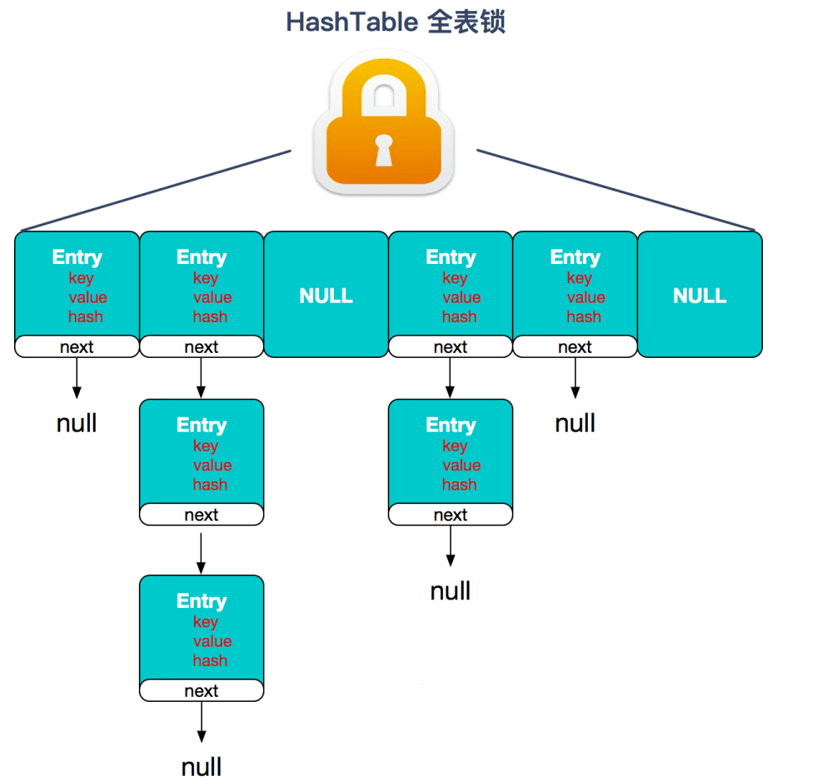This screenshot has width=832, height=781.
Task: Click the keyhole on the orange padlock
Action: pyautogui.click(x=383, y=150)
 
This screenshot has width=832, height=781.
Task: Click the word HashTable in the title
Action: pyautogui.click(x=351, y=22)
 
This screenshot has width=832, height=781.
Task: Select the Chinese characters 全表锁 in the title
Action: pyautogui.click(x=466, y=22)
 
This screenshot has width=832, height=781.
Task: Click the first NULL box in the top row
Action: pyautogui.click(x=326, y=296)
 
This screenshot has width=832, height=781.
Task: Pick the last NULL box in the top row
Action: pyautogui.click(x=700, y=296)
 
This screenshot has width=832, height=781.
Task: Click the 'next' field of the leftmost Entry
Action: pyautogui.click(x=77, y=347)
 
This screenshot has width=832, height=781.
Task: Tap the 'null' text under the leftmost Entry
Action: pyautogui.click(x=77, y=423)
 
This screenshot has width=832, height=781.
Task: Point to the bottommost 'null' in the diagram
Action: pyautogui.click(x=202, y=766)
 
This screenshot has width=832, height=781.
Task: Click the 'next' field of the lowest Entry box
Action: pyautogui.click(x=202, y=691)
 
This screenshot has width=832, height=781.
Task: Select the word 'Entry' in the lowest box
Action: pyautogui.click(x=202, y=601)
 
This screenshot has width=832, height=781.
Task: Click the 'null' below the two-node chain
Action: pyautogui.click(x=451, y=591)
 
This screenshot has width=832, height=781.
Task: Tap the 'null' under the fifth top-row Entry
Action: pyautogui.click(x=575, y=423)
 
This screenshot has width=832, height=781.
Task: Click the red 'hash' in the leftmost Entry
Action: pyautogui.click(x=86, y=316)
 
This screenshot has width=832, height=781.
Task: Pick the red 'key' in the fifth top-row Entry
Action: pyautogui.click(x=579, y=278)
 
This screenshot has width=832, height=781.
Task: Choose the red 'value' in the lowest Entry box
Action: pyautogui.click(x=212, y=641)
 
